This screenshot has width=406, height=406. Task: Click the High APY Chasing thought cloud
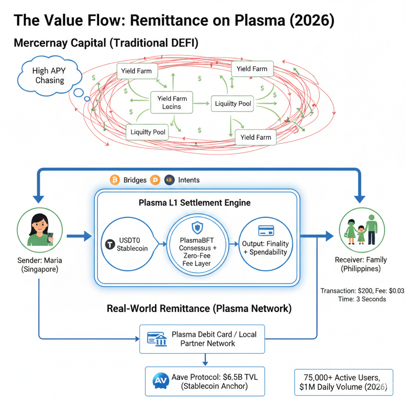coord(48,75)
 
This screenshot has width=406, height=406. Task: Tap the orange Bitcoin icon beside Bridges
coord(115,180)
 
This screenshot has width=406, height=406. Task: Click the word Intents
coord(189,180)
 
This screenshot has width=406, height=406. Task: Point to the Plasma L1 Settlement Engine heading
coord(195,203)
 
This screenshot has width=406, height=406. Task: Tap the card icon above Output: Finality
coord(265,230)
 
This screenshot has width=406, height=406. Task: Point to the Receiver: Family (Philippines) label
coord(361,264)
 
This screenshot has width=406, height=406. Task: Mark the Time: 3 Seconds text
coord(362,299)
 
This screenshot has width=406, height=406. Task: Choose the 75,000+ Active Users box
coord(344,382)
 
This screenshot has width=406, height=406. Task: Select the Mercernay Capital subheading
coord(59,43)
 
